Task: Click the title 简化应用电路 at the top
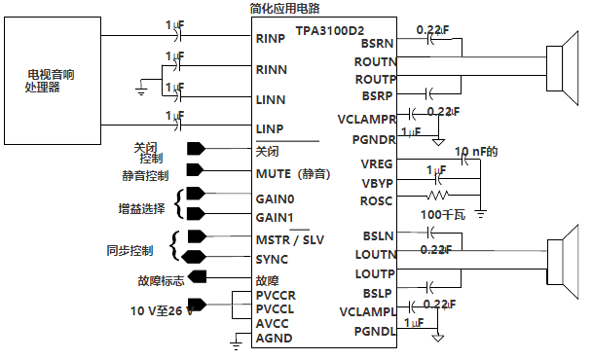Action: (283, 8)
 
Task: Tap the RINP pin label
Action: (269, 40)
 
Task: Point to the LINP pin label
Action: (269, 127)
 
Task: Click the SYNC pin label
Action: (271, 260)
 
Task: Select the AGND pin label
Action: (273, 339)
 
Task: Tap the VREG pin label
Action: (376, 163)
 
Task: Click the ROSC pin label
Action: (376, 200)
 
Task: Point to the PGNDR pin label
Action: (372, 139)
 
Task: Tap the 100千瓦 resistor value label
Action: (443, 215)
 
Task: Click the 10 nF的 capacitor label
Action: (477, 152)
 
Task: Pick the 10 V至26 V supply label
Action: (162, 310)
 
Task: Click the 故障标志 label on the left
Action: (162, 282)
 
